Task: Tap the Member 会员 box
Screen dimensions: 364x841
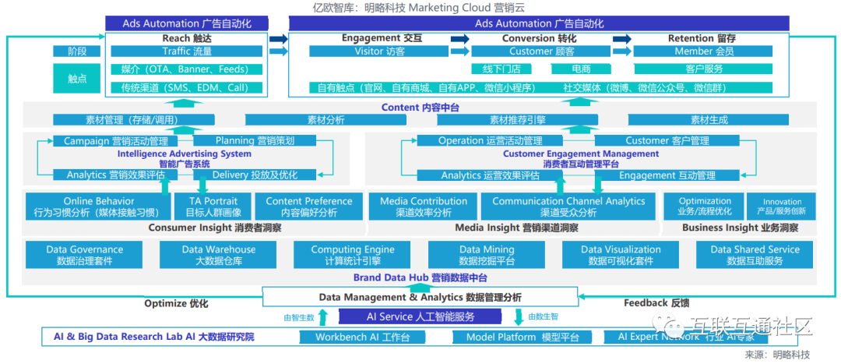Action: click(703, 51)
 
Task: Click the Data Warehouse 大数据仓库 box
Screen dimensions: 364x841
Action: click(218, 255)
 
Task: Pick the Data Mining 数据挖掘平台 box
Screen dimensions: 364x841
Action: click(486, 255)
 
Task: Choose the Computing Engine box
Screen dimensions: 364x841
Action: click(353, 255)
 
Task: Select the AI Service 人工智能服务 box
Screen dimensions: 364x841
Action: click(420, 316)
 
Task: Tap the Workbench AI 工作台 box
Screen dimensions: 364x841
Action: click(362, 337)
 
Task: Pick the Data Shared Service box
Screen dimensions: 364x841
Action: click(755, 255)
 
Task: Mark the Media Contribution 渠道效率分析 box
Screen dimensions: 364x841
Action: click(423, 206)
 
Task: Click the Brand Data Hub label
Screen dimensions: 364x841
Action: click(420, 277)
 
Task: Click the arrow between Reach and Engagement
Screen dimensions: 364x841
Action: click(278, 38)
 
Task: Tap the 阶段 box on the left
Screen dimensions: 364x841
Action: click(76, 51)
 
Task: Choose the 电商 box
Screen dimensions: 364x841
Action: click(581, 69)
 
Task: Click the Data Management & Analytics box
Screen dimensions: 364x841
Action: click(420, 297)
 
